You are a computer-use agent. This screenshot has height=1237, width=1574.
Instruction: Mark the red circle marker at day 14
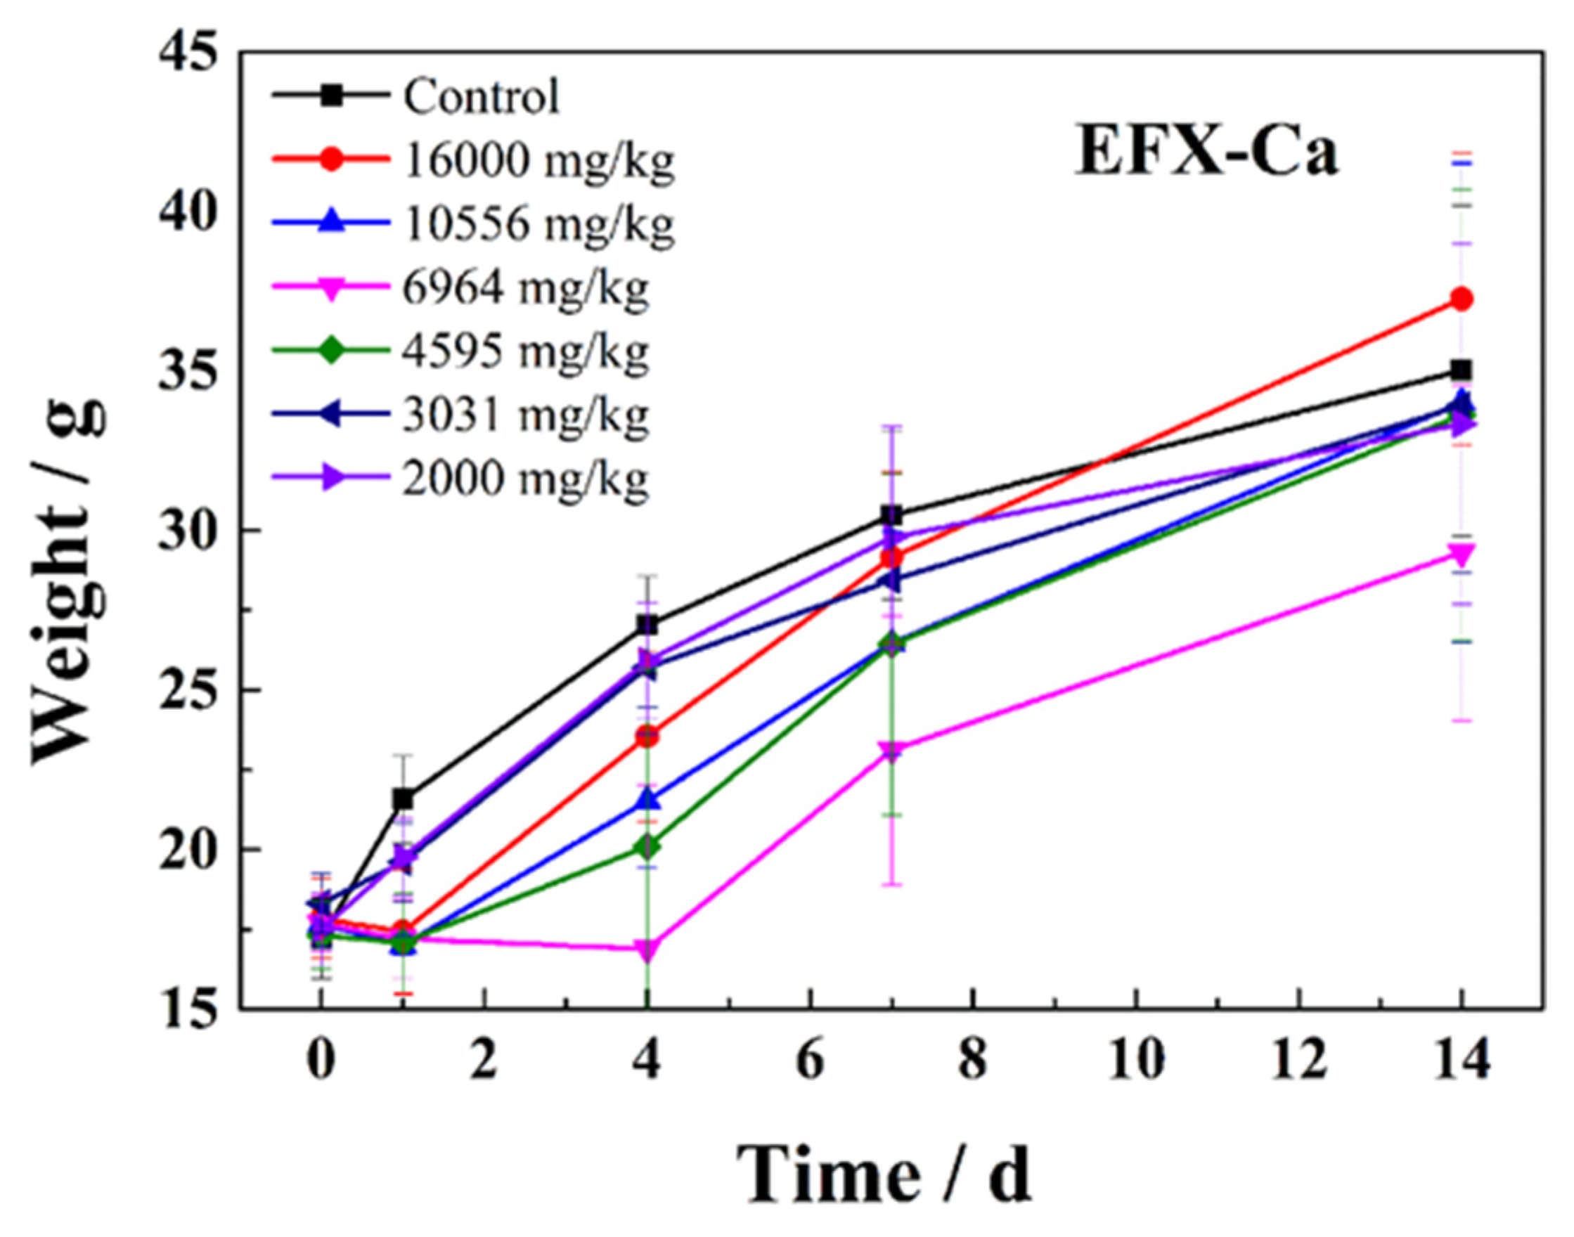pos(1462,299)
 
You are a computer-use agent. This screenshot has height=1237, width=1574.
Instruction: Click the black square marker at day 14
pos(1462,371)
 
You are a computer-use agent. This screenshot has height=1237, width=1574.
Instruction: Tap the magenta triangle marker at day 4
pos(647,950)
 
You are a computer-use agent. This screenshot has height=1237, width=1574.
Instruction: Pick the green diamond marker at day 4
pos(647,846)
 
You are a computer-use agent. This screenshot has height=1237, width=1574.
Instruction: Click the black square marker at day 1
pos(404,800)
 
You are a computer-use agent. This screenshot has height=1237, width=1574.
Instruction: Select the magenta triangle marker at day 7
pos(891,751)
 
